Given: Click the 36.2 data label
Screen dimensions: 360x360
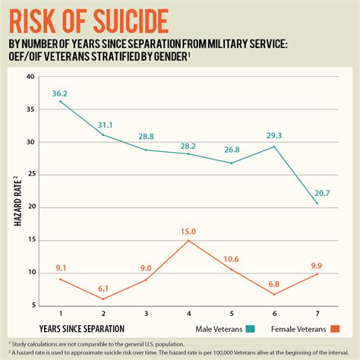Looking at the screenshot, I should coord(60,93).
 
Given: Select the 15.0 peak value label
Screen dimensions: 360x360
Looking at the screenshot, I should coord(188,232).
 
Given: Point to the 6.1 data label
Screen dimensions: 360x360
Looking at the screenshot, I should coord(103,289).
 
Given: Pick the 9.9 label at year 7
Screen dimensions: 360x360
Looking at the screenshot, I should coord(317,265).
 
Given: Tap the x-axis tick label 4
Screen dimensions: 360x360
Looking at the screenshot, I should coord(188,315).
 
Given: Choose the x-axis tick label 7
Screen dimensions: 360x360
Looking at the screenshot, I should coord(317,315).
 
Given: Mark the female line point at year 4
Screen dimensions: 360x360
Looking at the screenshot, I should coord(188,241).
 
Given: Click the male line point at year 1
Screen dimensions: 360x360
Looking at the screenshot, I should coord(60,102).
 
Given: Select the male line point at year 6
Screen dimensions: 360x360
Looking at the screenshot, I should coord(274,147).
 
